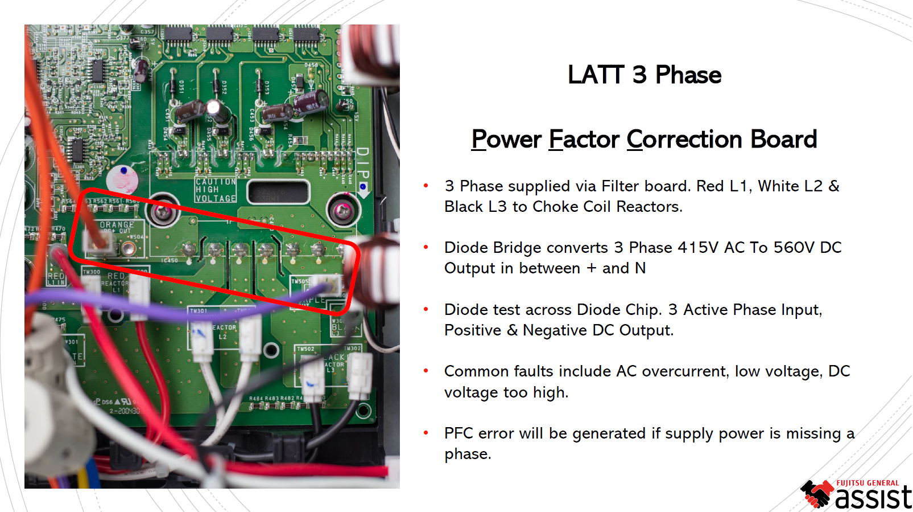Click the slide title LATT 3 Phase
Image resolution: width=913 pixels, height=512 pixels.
click(644, 75)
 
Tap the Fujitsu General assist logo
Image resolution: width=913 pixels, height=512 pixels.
click(856, 494)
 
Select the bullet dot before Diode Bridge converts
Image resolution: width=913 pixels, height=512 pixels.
click(425, 247)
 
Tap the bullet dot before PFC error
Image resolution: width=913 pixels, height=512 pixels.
click(425, 433)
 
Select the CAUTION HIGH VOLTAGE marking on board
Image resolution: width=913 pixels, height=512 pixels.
click(215, 190)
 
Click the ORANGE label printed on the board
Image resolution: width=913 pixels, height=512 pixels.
click(117, 224)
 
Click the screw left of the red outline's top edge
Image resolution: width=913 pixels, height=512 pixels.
click(163, 211)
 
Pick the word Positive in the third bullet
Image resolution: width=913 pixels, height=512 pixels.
click(473, 330)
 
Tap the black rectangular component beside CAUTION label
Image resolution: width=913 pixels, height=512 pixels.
click(278, 192)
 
